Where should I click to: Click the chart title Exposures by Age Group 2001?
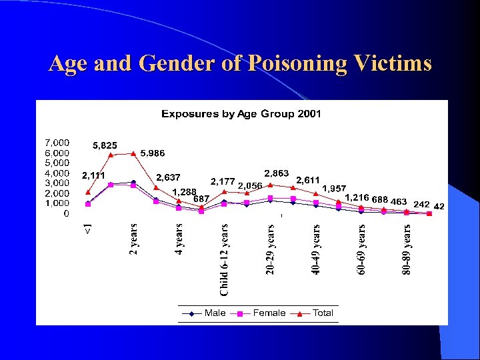[241, 114]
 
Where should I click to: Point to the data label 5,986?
[153, 153]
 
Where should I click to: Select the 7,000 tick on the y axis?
[57, 143]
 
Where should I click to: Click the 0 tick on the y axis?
[65, 213]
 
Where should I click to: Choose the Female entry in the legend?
[269, 313]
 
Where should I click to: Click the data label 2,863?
[277, 173]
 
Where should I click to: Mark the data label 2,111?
[93, 175]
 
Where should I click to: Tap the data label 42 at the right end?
[439, 207]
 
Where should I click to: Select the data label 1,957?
[334, 189]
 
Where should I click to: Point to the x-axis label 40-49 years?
[316, 249]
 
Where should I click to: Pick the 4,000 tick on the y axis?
[57, 173]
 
